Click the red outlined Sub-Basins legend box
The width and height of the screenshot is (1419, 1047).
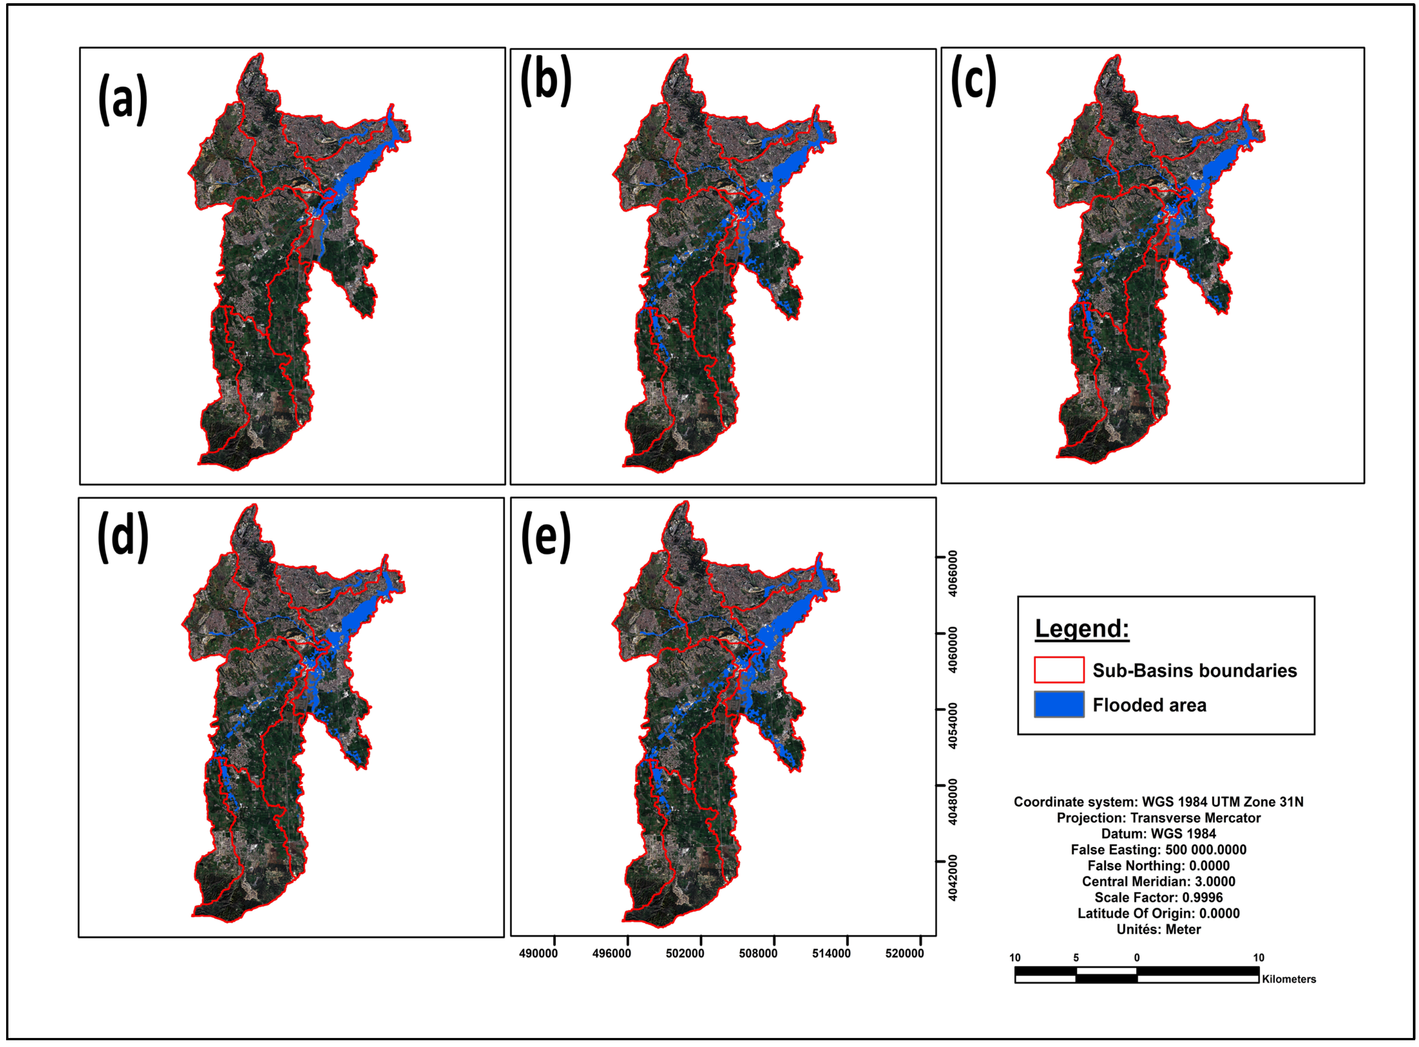[x=1059, y=670]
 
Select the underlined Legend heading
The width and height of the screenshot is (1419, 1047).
[x=1082, y=629]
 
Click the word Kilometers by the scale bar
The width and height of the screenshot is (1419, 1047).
[x=1289, y=979]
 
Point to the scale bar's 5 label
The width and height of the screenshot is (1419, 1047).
[x=1076, y=957]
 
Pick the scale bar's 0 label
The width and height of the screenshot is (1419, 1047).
[x=1137, y=957]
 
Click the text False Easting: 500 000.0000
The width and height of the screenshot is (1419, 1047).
[x=1158, y=850]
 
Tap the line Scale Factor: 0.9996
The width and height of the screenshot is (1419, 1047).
[x=1158, y=897]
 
